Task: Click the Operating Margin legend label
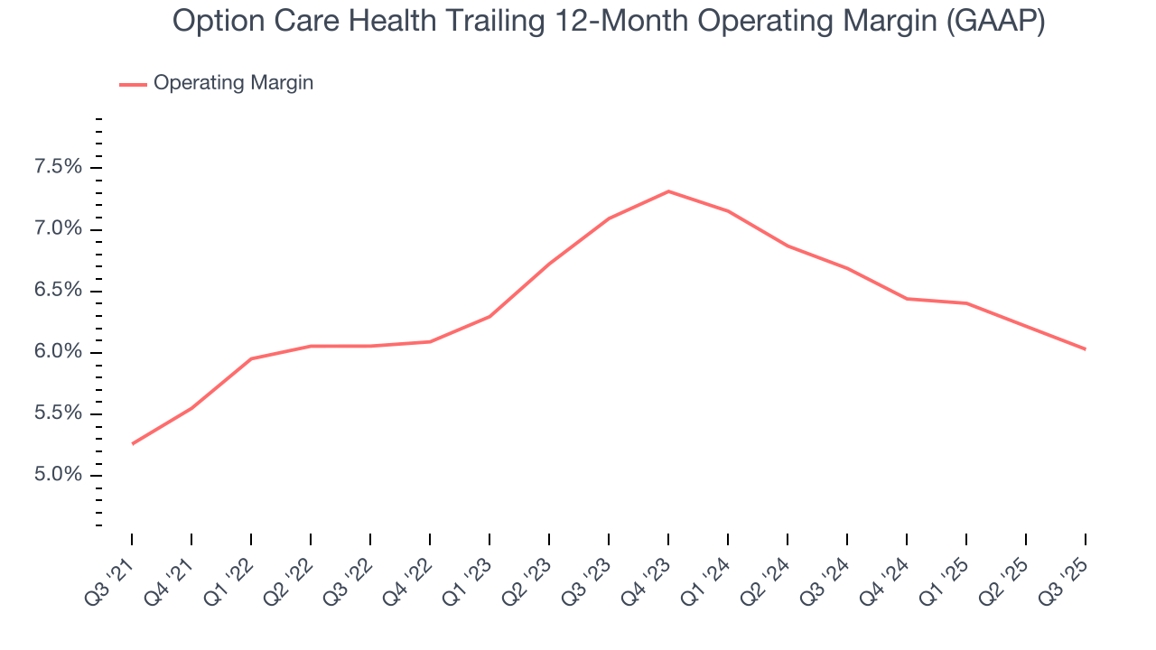click(x=233, y=83)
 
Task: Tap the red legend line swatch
click(x=133, y=84)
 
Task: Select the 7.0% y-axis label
click(x=59, y=228)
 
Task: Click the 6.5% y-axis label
click(x=59, y=291)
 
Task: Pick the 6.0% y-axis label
click(x=59, y=352)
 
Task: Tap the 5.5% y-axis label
click(x=59, y=413)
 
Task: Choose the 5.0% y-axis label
click(x=59, y=475)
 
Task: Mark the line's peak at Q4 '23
click(x=668, y=191)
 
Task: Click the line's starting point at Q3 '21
click(x=133, y=443)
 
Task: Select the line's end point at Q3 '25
click(x=1085, y=348)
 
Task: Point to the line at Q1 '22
click(x=251, y=358)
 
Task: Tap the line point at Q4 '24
click(x=907, y=299)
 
